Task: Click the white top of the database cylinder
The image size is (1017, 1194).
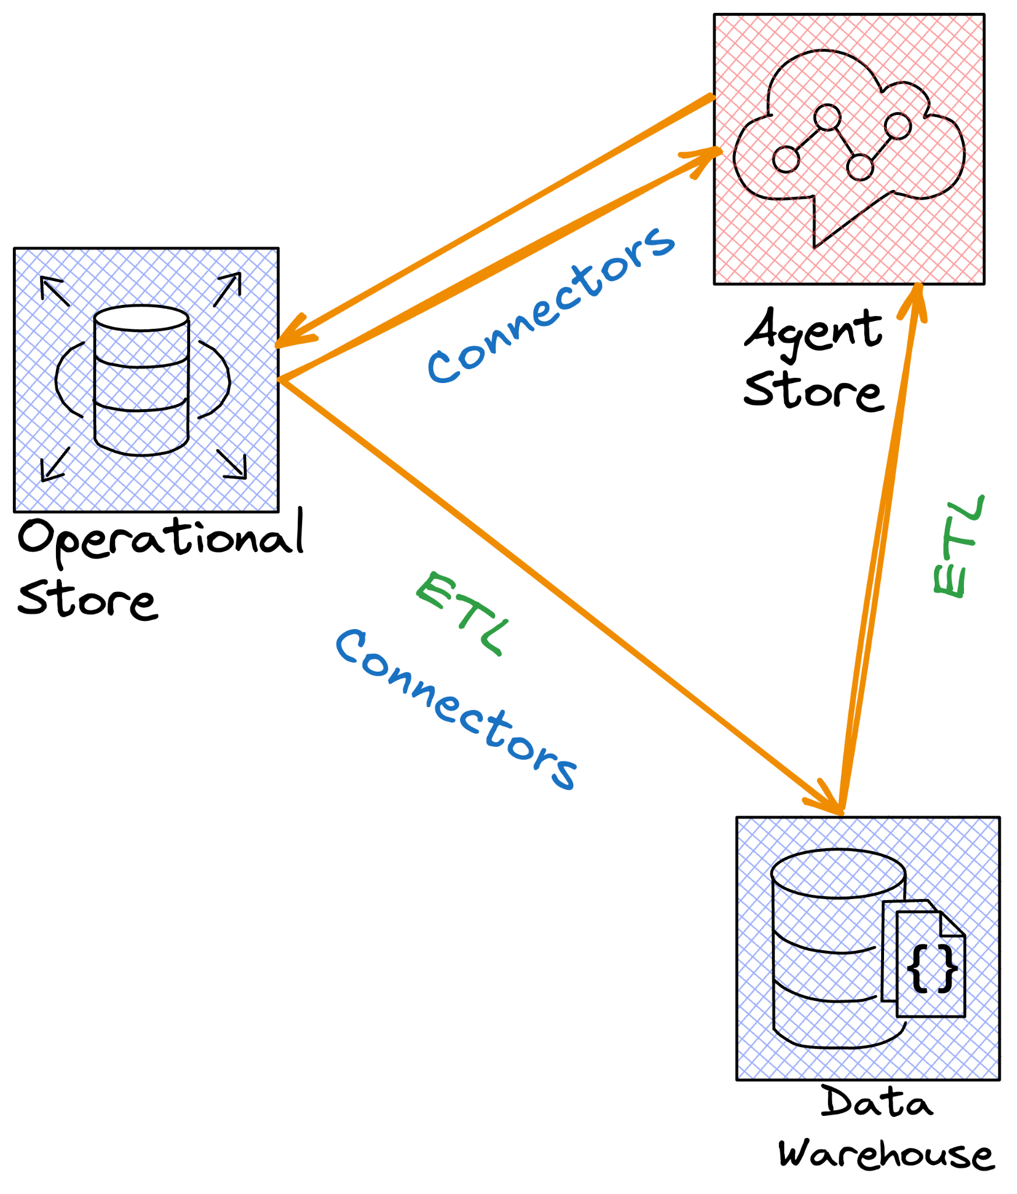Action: coord(141,318)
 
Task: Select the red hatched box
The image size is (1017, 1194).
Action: coord(849,149)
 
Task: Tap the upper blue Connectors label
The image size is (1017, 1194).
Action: coord(551,306)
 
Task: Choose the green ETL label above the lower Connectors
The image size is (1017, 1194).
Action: coord(461,613)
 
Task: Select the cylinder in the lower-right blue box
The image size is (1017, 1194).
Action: coord(834,950)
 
